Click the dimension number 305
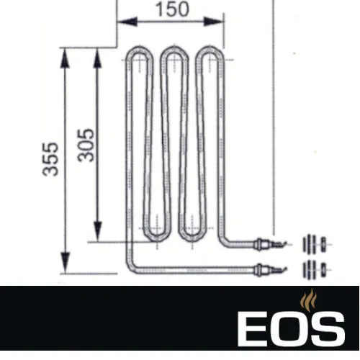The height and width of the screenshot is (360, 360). pyautogui.click(x=86, y=144)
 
